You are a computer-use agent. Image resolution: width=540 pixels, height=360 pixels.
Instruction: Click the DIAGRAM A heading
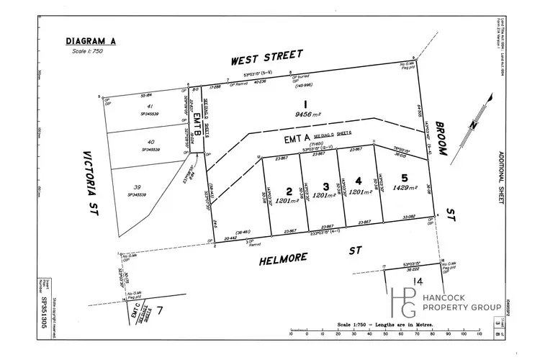tap(88, 40)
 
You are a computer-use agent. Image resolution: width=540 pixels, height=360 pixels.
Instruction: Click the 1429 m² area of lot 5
tap(406, 186)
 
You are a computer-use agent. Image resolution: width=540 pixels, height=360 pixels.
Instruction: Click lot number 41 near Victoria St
tap(150, 106)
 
